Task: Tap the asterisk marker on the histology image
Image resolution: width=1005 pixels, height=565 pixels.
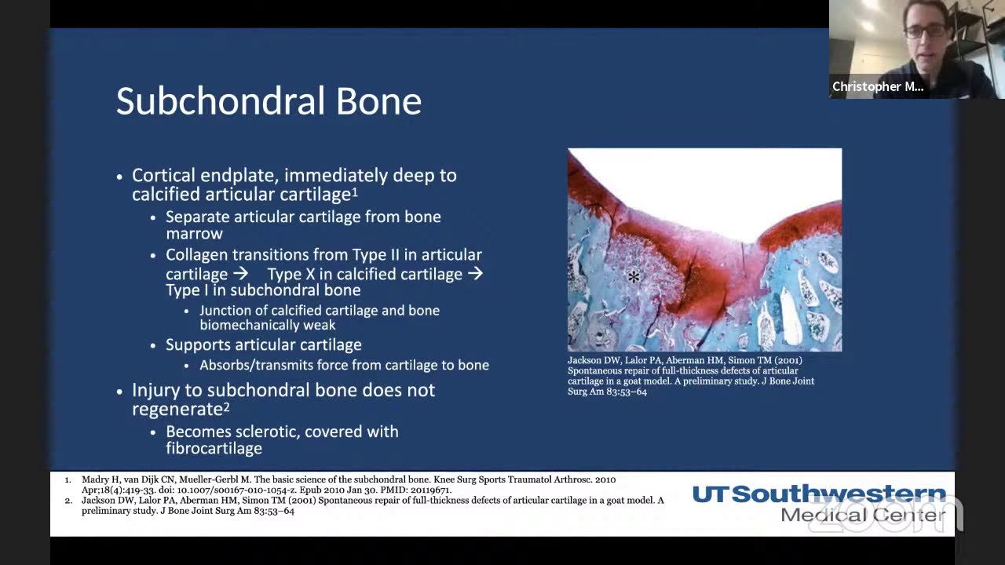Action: coord(634,276)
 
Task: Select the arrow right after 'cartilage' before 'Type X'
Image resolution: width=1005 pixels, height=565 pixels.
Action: coord(240,274)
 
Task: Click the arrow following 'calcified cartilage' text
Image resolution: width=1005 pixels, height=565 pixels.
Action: coord(475,274)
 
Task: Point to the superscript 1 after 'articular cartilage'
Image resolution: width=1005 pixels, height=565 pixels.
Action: coord(355,191)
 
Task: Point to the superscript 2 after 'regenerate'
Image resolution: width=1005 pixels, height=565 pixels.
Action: coord(226,406)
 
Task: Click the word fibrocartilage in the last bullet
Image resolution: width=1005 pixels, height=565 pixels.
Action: coord(214,449)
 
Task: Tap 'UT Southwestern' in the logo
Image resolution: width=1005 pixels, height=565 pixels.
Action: coord(818,495)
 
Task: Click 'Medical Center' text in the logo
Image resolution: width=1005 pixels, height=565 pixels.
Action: coord(863,516)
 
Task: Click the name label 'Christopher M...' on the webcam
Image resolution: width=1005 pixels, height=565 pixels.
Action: coord(877,87)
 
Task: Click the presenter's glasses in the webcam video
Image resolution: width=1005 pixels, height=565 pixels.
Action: coord(925,31)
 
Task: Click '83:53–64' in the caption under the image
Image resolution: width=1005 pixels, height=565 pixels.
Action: coord(626,392)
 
